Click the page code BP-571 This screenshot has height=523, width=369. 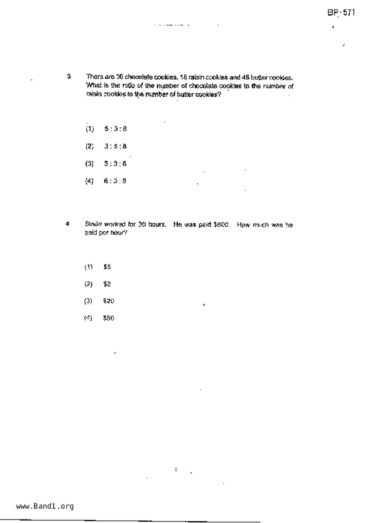(341, 13)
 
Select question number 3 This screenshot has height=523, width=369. (69, 76)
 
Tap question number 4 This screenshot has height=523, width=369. (68, 224)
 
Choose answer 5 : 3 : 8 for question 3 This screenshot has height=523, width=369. (115, 129)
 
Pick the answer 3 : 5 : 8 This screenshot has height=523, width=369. (115, 146)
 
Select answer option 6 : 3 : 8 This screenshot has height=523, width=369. (115, 181)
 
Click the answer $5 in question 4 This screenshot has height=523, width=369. (107, 267)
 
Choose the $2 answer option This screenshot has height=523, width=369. (107, 284)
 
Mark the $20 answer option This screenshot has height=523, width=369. (109, 301)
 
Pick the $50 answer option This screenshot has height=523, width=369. (109, 318)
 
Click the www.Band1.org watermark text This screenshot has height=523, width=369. (45, 506)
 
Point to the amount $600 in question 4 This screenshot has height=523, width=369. (222, 225)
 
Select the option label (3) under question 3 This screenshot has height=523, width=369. (89, 163)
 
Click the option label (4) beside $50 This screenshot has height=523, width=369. (88, 318)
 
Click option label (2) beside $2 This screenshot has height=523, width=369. (88, 284)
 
